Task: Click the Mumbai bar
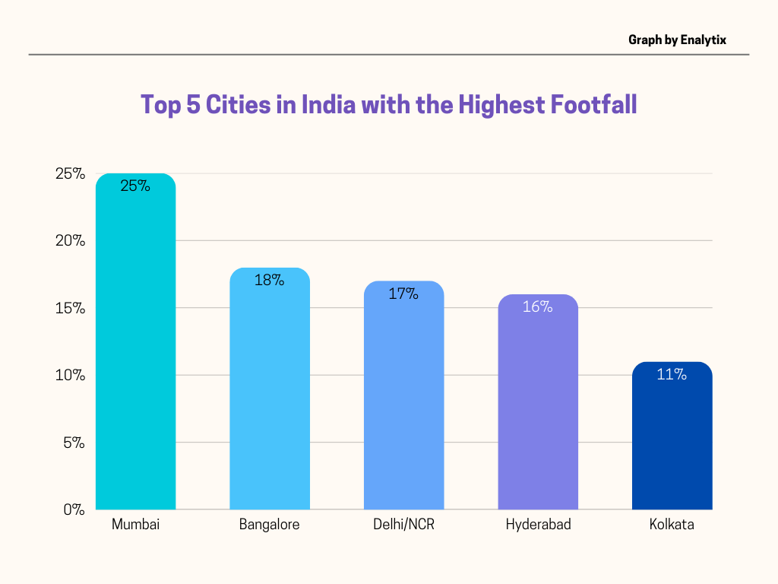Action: pos(135,350)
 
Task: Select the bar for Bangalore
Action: pos(270,395)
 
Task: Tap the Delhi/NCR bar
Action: pos(403,403)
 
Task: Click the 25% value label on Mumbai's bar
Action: pos(135,185)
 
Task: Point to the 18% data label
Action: pos(270,280)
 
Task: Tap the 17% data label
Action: pos(403,293)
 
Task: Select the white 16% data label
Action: pos(538,306)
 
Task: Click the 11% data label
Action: pos(672,374)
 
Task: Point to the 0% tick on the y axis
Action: pos(74,509)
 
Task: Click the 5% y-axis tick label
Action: pos(74,443)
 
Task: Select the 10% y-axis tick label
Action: pos(71,375)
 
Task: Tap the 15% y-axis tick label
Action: pos(71,308)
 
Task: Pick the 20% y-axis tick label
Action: pos(71,241)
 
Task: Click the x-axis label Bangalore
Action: pos(270,525)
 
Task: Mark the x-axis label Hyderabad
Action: pos(538,525)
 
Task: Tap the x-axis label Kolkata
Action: pos(672,525)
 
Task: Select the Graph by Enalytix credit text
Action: pos(678,40)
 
